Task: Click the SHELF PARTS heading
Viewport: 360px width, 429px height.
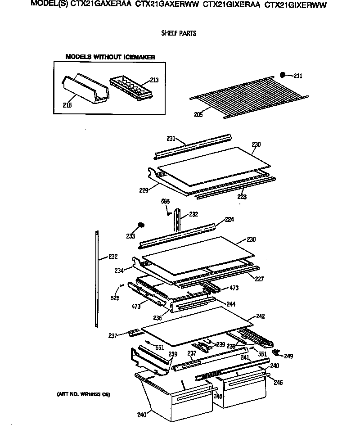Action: pyautogui.click(x=179, y=33)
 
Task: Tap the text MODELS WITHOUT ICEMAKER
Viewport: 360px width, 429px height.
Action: pyautogui.click(x=110, y=57)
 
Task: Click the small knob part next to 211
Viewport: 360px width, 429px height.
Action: pyautogui.click(x=283, y=74)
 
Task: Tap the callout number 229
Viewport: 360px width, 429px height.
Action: pyautogui.click(x=144, y=190)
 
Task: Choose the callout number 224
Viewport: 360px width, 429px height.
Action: pyautogui.click(x=229, y=220)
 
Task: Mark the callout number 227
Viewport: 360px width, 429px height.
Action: pyautogui.click(x=259, y=279)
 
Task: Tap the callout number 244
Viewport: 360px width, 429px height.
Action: pyautogui.click(x=231, y=304)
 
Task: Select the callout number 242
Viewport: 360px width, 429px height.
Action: pyautogui.click(x=261, y=316)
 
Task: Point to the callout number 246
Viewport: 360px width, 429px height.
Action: pyautogui.click(x=279, y=383)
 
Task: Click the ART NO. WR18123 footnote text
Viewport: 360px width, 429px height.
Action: pyautogui.click(x=83, y=395)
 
